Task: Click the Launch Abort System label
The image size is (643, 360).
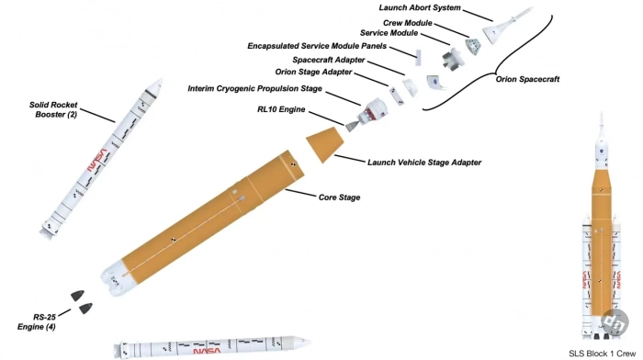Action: click(x=420, y=7)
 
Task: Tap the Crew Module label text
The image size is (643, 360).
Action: click(x=408, y=23)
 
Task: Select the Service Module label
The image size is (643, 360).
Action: click(x=389, y=33)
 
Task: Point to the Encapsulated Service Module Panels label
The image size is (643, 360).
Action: click(x=317, y=46)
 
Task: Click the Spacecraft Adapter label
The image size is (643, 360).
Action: click(x=329, y=60)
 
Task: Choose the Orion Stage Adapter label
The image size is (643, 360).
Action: click(x=313, y=73)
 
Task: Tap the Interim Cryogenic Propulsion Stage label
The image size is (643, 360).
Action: click(x=254, y=88)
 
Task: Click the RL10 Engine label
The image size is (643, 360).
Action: click(x=281, y=109)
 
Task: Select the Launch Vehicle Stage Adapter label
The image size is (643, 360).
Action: click(x=424, y=163)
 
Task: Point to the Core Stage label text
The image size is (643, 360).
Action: click(x=339, y=197)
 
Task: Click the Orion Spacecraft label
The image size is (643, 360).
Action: click(x=527, y=79)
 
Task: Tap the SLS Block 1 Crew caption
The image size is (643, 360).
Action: click(x=602, y=354)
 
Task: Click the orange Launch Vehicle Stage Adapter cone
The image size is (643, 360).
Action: click(x=325, y=144)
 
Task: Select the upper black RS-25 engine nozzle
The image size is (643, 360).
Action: click(x=77, y=295)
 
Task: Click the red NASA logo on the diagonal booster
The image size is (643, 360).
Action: click(x=97, y=161)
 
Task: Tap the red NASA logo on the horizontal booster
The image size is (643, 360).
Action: click(x=207, y=351)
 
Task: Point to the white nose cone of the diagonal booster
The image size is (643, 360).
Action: click(x=154, y=85)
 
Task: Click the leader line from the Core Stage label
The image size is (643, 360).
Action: click(x=300, y=193)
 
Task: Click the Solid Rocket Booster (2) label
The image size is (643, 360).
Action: click(x=53, y=109)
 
